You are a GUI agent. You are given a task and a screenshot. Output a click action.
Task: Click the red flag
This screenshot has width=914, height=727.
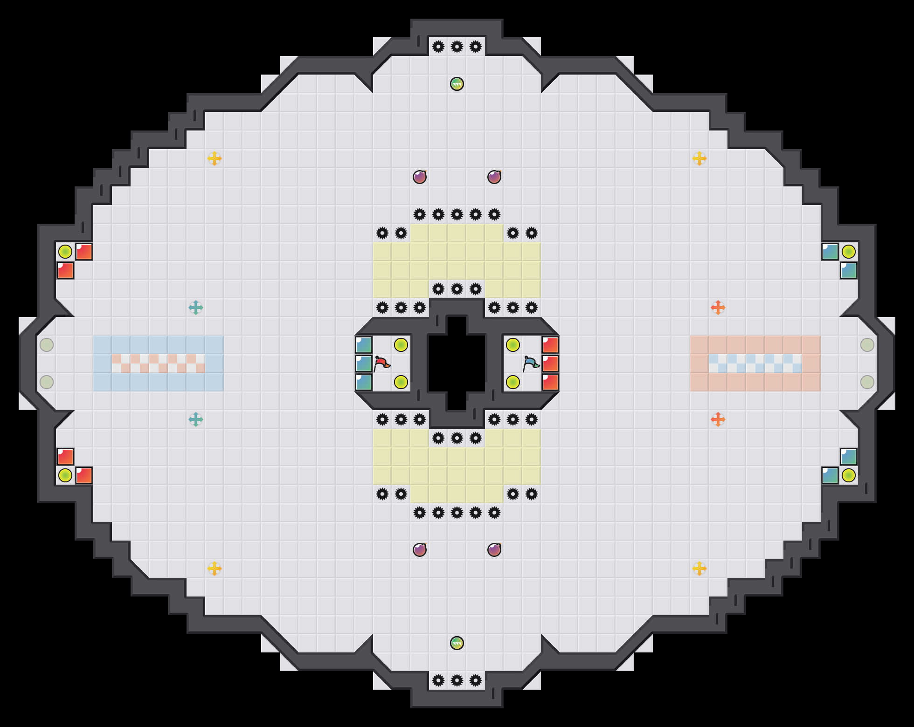coord(382,363)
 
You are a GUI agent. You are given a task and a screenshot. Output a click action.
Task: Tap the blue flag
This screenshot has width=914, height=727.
coord(531,363)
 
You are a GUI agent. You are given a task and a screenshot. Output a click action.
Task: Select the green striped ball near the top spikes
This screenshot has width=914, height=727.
coord(457,84)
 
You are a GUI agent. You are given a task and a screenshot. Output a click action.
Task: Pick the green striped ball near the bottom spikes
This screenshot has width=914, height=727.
coord(457,643)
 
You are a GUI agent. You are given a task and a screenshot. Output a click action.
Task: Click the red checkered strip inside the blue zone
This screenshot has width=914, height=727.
coord(159,363)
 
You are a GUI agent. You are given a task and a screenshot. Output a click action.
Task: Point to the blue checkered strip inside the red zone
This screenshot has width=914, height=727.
coord(755,363)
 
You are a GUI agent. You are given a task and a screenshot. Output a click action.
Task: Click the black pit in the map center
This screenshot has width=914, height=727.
coord(457,363)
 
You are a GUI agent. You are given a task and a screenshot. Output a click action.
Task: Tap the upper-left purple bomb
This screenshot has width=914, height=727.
coord(420,177)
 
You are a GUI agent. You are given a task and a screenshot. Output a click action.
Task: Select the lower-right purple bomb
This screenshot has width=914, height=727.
coord(494,550)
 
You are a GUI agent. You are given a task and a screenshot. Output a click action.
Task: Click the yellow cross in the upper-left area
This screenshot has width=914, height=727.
coord(215,158)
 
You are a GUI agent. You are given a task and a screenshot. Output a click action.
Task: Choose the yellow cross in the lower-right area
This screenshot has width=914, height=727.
coord(699,569)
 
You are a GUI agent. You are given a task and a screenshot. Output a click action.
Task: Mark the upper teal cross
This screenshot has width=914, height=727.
coord(196,308)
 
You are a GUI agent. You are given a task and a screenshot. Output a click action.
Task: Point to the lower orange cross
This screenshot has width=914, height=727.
coord(718,419)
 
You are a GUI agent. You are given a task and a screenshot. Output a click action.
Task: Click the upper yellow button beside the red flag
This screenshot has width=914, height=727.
coord(401,345)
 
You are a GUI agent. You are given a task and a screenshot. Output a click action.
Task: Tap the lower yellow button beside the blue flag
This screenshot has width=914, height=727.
coord(513,382)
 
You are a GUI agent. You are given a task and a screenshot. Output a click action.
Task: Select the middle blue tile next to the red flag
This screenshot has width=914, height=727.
coord(364,363)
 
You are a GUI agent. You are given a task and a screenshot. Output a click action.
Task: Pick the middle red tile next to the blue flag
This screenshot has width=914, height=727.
coord(550,363)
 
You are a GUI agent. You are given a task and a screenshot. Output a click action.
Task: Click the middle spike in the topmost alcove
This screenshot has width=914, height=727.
coord(457,47)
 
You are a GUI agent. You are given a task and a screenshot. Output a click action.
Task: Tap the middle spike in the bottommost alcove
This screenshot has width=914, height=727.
coord(457,680)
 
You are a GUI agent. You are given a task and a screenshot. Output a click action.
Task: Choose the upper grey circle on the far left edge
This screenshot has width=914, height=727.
coord(47,345)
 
